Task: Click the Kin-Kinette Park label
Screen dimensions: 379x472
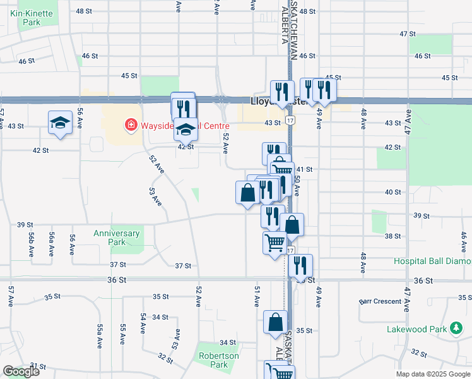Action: tap(25, 16)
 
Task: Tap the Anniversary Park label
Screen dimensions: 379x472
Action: tap(117, 238)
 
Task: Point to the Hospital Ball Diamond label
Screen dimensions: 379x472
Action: tap(432, 261)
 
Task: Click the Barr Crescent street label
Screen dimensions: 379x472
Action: tap(381, 301)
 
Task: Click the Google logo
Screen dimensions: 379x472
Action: tap(20, 371)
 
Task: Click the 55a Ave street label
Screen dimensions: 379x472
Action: tap(100, 336)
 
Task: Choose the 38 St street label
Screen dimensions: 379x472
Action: tap(392, 236)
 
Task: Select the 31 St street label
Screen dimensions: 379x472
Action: tap(38, 366)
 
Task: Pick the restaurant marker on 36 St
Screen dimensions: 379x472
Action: tap(300, 266)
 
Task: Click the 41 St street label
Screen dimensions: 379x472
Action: tap(305, 169)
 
